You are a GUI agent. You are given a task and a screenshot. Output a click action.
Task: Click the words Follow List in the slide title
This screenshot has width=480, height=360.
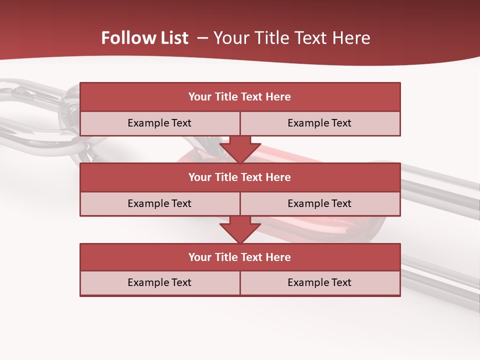[144, 38]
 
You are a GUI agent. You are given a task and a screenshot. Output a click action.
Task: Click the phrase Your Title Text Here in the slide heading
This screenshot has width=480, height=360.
[291, 38]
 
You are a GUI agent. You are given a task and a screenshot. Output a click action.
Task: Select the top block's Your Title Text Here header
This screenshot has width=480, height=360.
[239, 97]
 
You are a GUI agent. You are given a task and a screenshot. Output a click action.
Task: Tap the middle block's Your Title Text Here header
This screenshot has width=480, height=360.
[239, 177]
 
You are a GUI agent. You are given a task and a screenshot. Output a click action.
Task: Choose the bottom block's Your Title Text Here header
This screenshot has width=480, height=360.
[239, 257]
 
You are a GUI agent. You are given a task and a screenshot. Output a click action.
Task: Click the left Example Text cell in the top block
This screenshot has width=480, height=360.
[159, 123]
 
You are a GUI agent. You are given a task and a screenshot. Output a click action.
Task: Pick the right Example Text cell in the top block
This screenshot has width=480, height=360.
[319, 123]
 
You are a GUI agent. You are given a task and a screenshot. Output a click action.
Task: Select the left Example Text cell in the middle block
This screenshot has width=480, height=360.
[159, 204]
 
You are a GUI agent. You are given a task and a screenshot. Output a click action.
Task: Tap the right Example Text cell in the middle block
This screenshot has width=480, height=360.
[319, 204]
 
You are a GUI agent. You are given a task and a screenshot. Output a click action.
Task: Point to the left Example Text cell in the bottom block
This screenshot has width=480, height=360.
[159, 283]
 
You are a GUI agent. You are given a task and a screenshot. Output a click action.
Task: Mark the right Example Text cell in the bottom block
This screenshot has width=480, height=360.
[319, 283]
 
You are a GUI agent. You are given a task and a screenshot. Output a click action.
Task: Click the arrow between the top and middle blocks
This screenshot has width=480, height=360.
[240, 149]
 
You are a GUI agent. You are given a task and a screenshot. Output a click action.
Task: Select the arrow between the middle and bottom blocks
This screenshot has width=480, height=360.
[240, 229]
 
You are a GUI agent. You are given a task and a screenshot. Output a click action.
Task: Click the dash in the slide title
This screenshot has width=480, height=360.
[202, 38]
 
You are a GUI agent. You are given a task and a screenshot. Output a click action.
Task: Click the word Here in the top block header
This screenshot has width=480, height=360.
[278, 97]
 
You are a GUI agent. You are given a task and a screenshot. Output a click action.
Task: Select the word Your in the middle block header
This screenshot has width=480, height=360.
[200, 177]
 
